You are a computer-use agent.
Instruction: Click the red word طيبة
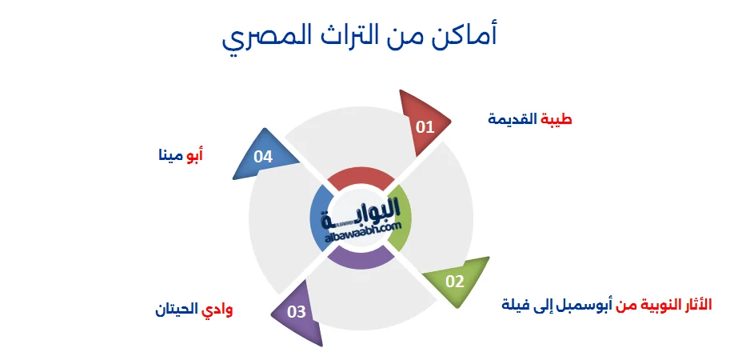click(x=556, y=119)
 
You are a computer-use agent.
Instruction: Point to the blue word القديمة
click(x=513, y=119)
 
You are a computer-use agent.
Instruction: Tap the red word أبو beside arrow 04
click(x=194, y=155)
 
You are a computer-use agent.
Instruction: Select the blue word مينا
click(x=170, y=155)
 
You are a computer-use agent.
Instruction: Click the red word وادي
click(x=217, y=310)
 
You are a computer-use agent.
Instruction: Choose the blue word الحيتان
click(x=177, y=310)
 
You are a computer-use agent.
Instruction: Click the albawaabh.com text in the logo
click(x=362, y=232)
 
